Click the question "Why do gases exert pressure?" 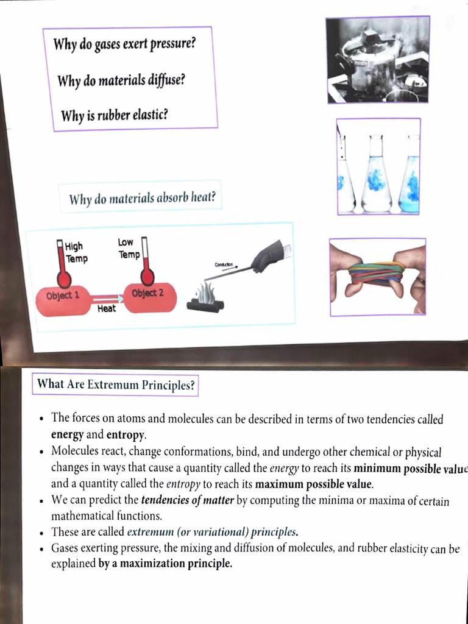[x=124, y=45]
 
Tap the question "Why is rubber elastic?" [x=114, y=114]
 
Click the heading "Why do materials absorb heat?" [x=143, y=199]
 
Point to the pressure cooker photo [x=377, y=59]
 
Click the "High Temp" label [x=76, y=252]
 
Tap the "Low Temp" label [x=129, y=249]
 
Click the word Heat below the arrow [x=106, y=309]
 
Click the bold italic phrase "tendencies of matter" [x=187, y=502]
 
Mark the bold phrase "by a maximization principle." [x=165, y=564]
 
